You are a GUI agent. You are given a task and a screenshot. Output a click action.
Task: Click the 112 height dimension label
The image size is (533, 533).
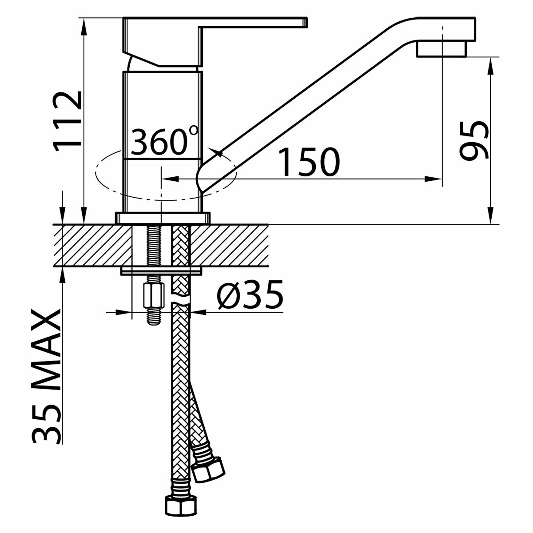click(x=68, y=120)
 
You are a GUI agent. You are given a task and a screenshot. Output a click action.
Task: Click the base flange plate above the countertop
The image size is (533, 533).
click(x=162, y=218)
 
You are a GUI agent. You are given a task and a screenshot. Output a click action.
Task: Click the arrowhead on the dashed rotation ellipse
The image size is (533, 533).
click(x=218, y=154)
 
